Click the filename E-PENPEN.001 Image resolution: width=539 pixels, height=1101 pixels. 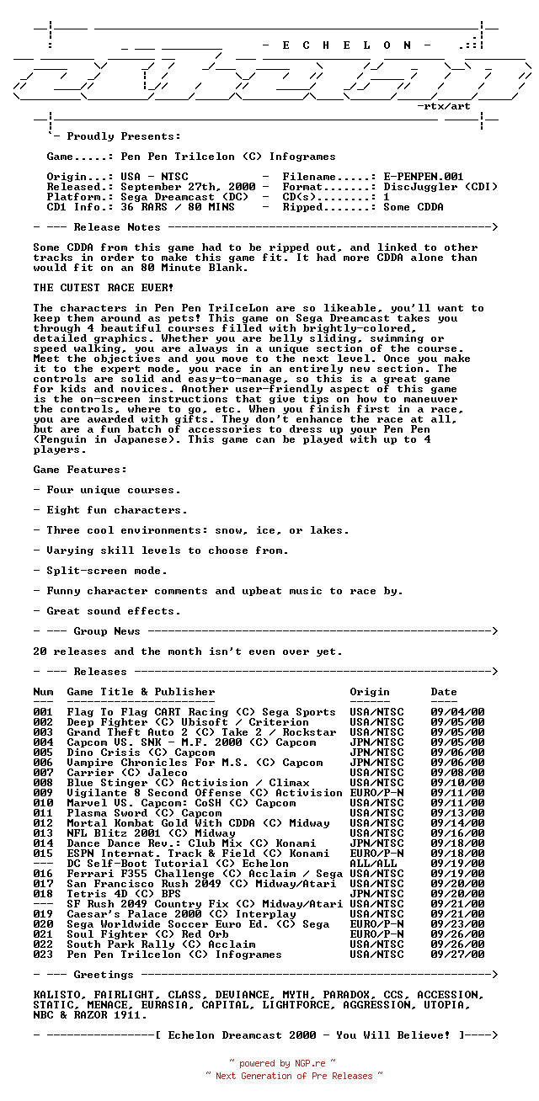pyautogui.click(x=424, y=177)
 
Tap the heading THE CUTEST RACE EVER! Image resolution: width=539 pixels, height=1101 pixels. pyautogui.click(x=104, y=288)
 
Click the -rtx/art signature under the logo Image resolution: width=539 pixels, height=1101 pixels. pyautogui.click(x=444, y=106)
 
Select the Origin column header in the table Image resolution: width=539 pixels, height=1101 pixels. pyautogui.click(x=370, y=692)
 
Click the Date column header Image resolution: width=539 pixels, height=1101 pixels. pyautogui.click(x=444, y=692)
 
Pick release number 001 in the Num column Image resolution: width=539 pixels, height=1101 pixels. pyautogui.click(x=43, y=712)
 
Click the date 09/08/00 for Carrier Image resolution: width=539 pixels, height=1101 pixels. pyautogui.click(x=457, y=773)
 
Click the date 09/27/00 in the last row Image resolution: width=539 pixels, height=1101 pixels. pyautogui.click(x=457, y=955)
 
